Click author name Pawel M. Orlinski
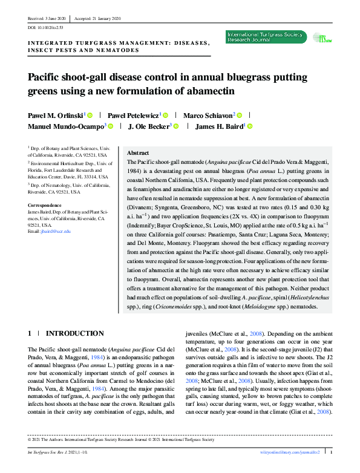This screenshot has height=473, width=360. [55, 115]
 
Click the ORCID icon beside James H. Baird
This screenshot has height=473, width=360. [249, 126]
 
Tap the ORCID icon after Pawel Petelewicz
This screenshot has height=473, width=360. [165, 115]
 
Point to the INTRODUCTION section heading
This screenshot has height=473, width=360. [75, 333]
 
